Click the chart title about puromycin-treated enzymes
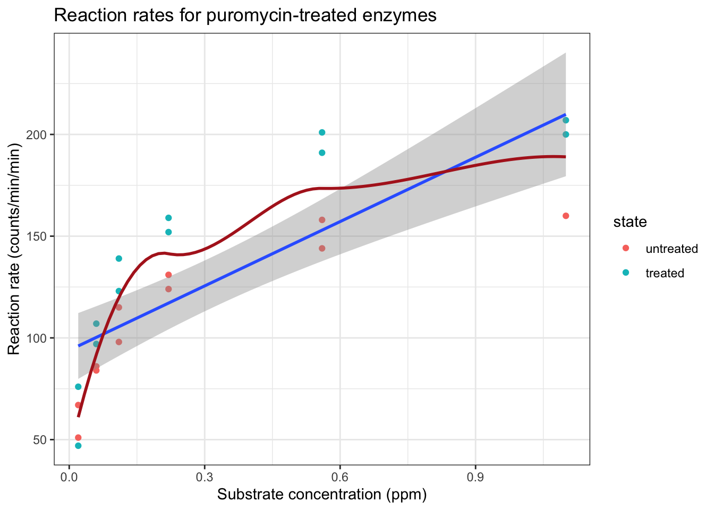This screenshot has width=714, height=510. (245, 15)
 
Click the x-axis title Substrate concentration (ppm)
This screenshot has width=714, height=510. (322, 495)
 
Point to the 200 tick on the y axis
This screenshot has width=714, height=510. (39, 134)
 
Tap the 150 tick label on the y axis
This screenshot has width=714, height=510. (39, 236)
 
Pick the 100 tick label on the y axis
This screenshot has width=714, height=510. (39, 338)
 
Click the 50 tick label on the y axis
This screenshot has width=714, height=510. (41, 440)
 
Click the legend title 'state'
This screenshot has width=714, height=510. (630, 222)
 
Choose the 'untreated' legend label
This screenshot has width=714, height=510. (671, 249)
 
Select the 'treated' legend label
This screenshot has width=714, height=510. (665, 273)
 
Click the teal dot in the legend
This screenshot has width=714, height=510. (626, 273)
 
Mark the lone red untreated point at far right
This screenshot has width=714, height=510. (566, 216)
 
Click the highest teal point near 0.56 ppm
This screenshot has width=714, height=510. (322, 132)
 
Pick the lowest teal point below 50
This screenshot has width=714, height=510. (78, 446)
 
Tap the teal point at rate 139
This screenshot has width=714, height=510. (119, 259)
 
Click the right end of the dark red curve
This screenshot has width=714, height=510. (565, 157)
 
